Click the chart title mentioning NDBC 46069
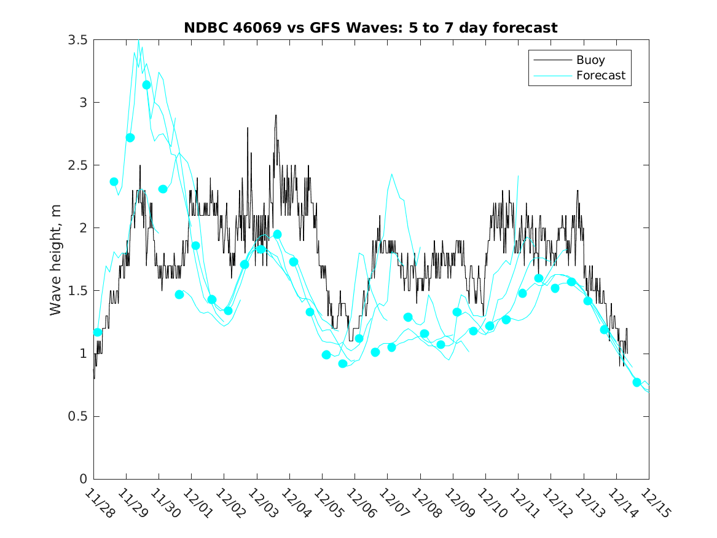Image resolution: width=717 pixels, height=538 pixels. click(x=370, y=28)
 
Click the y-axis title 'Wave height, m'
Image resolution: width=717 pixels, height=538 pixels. click(x=56, y=259)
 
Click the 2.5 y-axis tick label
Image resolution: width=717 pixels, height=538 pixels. click(x=78, y=165)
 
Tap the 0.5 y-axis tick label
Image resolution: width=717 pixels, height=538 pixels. click(x=78, y=416)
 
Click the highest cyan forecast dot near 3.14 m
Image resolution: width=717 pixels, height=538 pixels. click(x=146, y=85)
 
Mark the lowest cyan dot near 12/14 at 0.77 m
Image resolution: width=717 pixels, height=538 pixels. click(x=637, y=382)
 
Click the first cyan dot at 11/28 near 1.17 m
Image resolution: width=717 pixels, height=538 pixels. click(x=98, y=332)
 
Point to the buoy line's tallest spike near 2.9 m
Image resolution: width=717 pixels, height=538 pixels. click(x=276, y=116)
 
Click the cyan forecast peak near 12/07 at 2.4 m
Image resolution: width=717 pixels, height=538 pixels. click(x=391, y=175)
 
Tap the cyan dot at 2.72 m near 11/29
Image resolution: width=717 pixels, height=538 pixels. click(x=130, y=138)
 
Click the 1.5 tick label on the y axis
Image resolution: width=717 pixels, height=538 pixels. click(x=78, y=291)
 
